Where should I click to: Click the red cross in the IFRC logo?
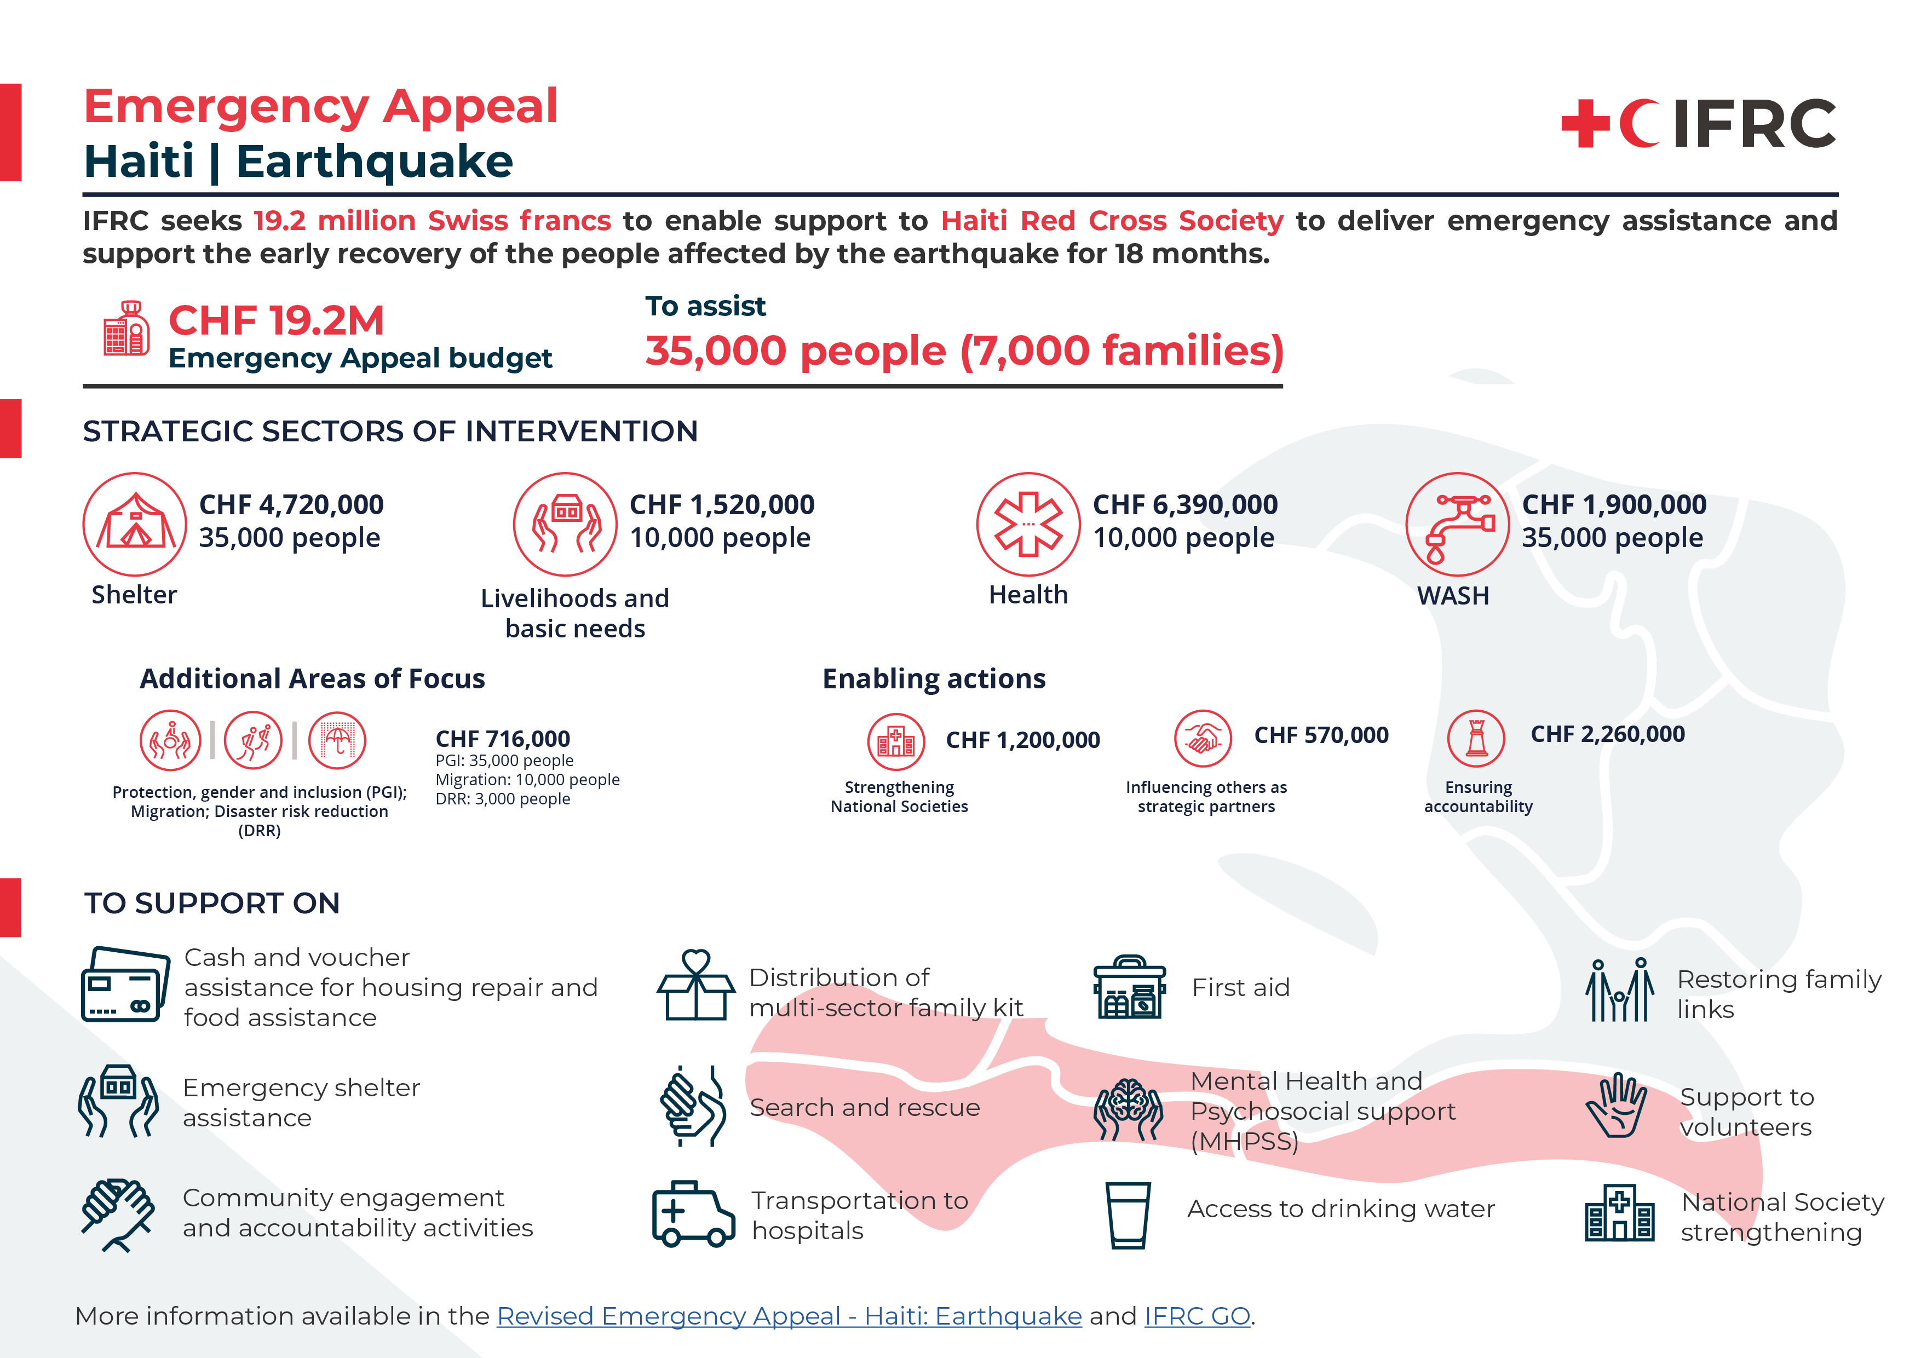click(1585, 124)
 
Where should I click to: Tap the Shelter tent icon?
click(135, 524)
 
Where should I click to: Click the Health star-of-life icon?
click(1028, 524)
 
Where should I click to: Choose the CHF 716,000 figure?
click(503, 739)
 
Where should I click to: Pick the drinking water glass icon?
click(1128, 1215)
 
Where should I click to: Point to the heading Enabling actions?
click(934, 678)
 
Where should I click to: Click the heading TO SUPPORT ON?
click(212, 903)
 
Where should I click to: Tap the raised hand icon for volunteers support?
click(1617, 1106)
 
